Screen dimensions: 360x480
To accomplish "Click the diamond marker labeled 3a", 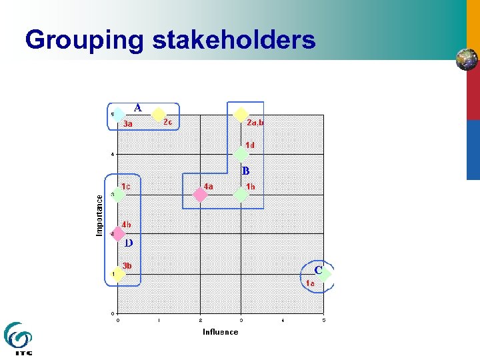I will pos(118,115).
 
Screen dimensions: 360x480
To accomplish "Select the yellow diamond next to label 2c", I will pos(158,114).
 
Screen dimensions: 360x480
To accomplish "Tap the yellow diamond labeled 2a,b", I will pos(241,115).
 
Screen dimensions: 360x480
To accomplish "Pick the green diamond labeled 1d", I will pos(241,154).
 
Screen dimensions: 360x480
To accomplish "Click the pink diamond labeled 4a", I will pos(199,194).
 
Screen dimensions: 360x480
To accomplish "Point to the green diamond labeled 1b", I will pos(241,194).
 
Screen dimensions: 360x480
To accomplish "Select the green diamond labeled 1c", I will pos(118,194).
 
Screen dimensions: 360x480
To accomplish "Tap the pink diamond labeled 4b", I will pos(118,234).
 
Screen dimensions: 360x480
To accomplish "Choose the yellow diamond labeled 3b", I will pos(118,273).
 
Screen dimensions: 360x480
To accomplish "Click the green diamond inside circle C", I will pos(325,273).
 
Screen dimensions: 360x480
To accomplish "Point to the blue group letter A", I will pos(137,107).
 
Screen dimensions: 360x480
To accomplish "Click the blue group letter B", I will pos(245,171).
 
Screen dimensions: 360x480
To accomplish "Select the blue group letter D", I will pos(128,243).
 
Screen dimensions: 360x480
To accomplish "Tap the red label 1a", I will pos(310,283).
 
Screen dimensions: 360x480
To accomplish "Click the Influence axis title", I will pos(221,331).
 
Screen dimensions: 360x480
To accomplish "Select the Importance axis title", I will pos(99,215).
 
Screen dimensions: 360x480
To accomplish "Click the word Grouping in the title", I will pos(84,40).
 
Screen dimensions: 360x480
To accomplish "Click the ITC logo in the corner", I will pos(18,339).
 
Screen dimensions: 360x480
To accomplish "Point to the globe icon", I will pos(467,60).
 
